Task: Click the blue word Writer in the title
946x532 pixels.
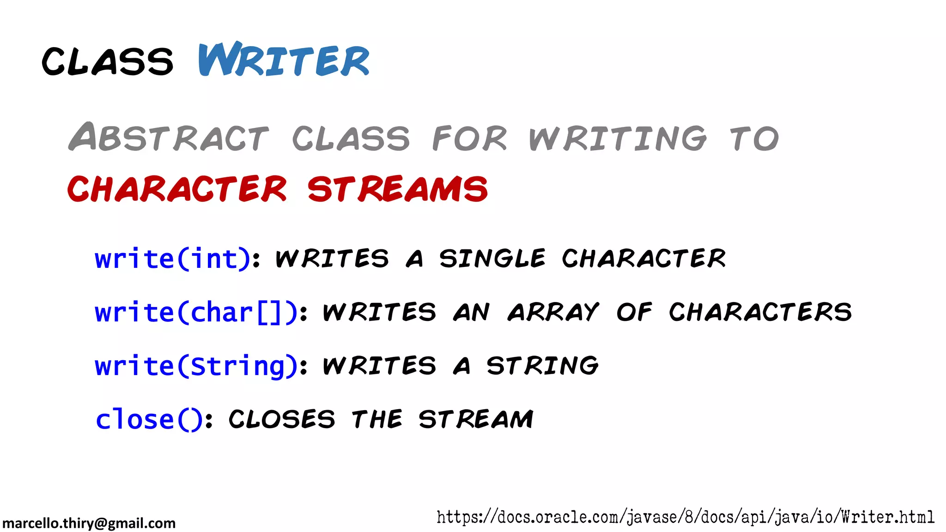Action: [284, 60]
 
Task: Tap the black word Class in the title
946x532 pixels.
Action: [108, 61]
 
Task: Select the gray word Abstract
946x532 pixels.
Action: [169, 137]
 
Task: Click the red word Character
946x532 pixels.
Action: [177, 189]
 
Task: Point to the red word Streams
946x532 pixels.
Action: [397, 189]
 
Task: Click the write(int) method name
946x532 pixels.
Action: [173, 258]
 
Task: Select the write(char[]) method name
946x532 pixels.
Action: [196, 312]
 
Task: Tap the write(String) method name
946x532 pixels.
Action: [196, 366]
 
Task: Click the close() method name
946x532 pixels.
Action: [149, 419]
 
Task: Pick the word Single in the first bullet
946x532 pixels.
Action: [492, 258]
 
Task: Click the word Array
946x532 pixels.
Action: [553, 312]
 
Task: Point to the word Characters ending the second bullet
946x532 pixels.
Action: [760, 312]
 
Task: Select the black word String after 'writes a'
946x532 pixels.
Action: [543, 366]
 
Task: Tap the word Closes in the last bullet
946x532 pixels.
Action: [282, 419]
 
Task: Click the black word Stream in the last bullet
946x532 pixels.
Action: [476, 419]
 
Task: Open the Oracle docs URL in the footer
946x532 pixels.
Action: [685, 517]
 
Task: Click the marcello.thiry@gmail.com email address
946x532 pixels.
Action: [89, 523]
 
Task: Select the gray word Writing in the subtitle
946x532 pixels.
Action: [618, 138]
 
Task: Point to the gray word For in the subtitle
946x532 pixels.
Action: [469, 138]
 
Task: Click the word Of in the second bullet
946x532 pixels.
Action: [634, 312]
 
